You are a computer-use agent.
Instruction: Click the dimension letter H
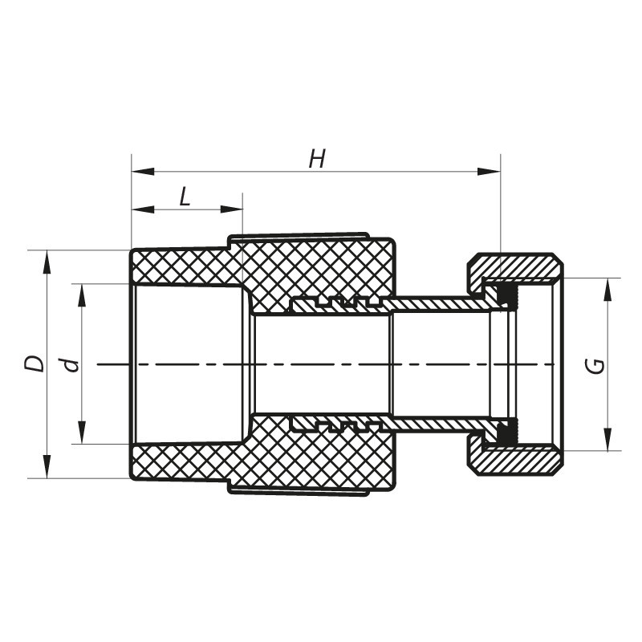pyautogui.click(x=317, y=159)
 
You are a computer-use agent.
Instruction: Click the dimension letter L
pyautogui.click(x=185, y=197)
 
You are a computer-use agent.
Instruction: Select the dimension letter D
pyautogui.click(x=35, y=364)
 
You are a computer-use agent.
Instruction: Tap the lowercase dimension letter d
pyautogui.click(x=72, y=364)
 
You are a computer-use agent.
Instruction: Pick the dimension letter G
pyautogui.click(x=595, y=365)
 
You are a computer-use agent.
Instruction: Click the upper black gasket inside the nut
pyautogui.click(x=505, y=296)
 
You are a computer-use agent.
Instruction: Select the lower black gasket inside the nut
pyautogui.click(x=505, y=433)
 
